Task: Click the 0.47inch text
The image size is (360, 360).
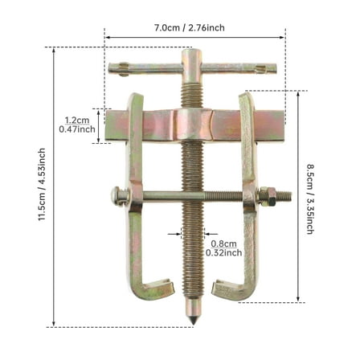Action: point(80,129)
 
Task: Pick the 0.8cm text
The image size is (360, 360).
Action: point(223,243)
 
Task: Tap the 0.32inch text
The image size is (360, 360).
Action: point(224,252)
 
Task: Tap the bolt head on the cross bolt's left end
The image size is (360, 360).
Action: point(115,194)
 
